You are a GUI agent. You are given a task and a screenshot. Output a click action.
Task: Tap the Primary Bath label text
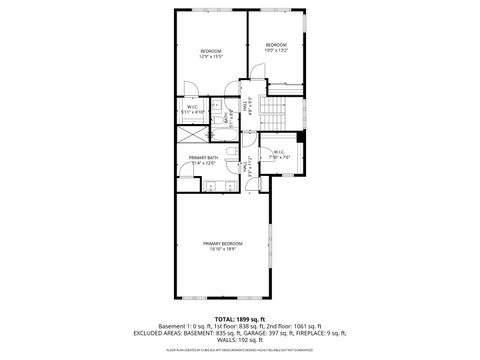[x=204, y=158]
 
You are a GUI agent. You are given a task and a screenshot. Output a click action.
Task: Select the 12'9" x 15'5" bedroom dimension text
[x=210, y=57]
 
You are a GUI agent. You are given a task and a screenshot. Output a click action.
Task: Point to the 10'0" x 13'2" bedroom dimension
[x=276, y=50]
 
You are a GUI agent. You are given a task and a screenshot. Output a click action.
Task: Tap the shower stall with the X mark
[x=190, y=136]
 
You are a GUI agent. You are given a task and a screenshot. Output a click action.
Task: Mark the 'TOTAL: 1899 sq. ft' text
[x=239, y=319]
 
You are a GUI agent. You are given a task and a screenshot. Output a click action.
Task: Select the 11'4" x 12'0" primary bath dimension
[x=204, y=164]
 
